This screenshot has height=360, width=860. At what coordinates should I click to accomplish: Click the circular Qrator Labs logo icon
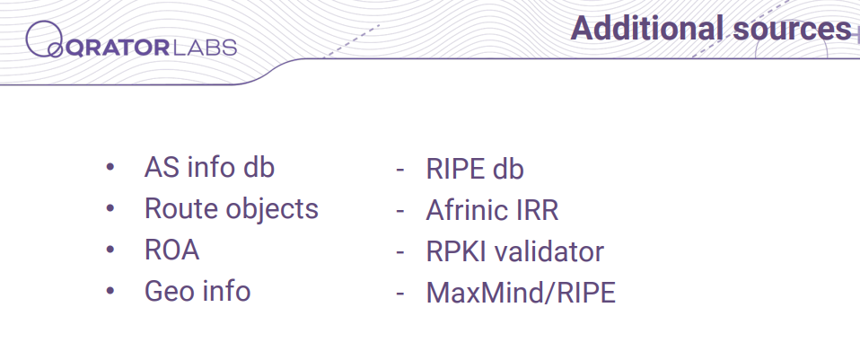coord(44,39)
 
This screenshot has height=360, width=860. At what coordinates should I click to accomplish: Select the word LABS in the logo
coord(204,48)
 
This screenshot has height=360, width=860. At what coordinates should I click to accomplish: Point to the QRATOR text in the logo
coord(118,48)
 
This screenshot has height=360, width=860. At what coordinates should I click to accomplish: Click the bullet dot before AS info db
coord(110,167)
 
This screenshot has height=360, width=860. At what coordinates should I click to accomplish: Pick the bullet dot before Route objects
coord(110,208)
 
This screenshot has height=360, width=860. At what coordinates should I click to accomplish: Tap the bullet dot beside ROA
coord(110,250)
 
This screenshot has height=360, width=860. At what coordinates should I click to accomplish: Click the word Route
coord(181,208)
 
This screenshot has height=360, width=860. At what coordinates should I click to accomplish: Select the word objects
coord(272,211)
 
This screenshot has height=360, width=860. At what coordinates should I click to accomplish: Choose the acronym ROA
coord(171,250)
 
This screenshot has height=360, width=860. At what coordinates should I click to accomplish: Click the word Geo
coord(166,291)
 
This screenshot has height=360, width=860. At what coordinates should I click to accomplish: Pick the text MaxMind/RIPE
coord(521,293)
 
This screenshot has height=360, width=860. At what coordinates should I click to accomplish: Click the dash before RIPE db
coord(399,170)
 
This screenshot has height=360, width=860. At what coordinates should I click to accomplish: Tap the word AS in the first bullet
coord(162,167)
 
